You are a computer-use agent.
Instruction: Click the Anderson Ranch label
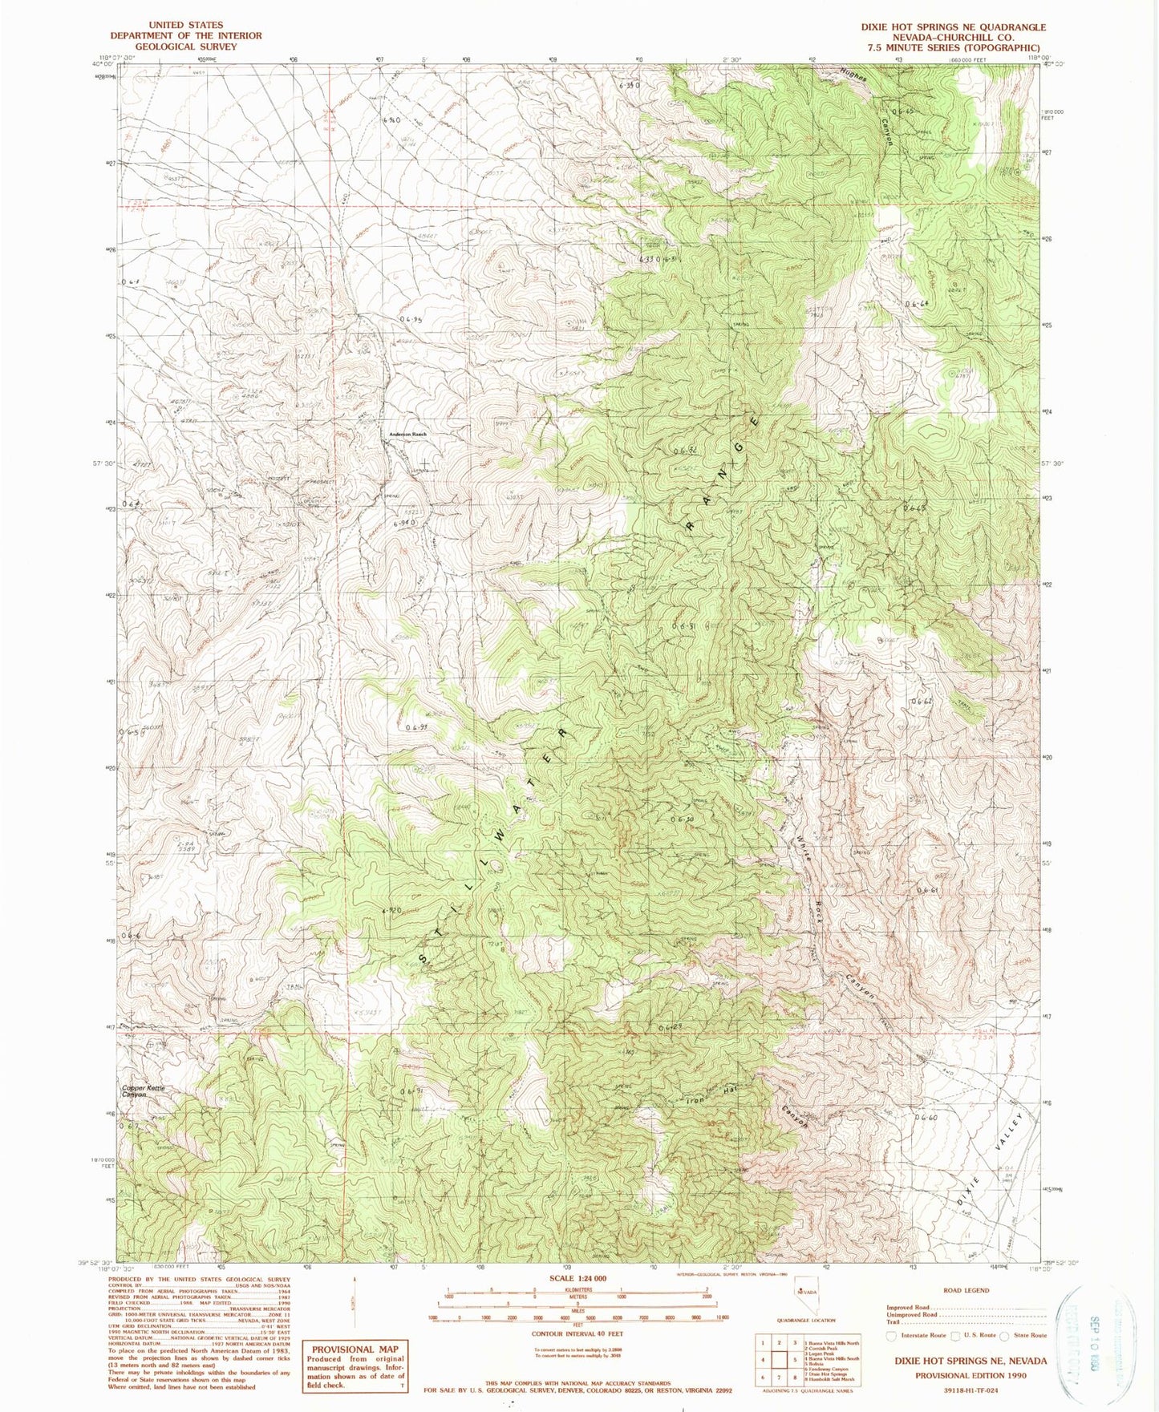click(x=407, y=434)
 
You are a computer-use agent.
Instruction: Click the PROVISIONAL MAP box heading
click(x=350, y=1348)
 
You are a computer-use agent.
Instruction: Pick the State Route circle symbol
click(x=1003, y=1335)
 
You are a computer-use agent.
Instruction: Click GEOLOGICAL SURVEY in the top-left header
click(x=185, y=47)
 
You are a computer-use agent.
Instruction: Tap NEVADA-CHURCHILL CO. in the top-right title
click(x=953, y=37)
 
